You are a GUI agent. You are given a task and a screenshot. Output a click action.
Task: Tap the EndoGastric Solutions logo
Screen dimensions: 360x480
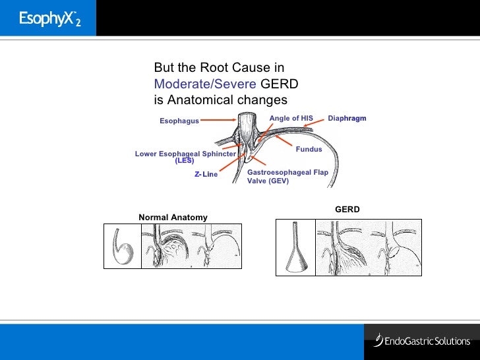coord(422,341)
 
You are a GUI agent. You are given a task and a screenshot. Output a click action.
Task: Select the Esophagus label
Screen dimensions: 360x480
coord(179,121)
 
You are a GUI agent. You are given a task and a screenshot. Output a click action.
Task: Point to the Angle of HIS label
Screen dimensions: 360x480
coord(291,119)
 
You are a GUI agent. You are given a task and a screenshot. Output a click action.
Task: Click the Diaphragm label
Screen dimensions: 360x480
coord(347,119)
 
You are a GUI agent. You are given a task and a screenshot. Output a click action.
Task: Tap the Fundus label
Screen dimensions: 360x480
coord(309,150)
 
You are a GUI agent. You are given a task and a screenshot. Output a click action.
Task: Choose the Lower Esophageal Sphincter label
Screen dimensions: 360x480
coord(185,154)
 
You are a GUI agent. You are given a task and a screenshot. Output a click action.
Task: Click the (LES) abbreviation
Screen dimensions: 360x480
coord(185,161)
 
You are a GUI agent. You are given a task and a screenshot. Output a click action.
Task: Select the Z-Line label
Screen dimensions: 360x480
coord(206,175)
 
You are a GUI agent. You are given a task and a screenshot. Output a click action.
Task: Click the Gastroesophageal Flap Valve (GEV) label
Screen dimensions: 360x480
coord(287,176)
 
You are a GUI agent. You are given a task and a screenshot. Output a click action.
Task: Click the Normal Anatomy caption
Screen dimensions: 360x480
coord(173,218)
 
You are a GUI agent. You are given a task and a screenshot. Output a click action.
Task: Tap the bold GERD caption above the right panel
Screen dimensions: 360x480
coord(347,210)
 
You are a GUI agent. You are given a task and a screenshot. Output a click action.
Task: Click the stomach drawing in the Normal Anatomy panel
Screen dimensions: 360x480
coord(121,246)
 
